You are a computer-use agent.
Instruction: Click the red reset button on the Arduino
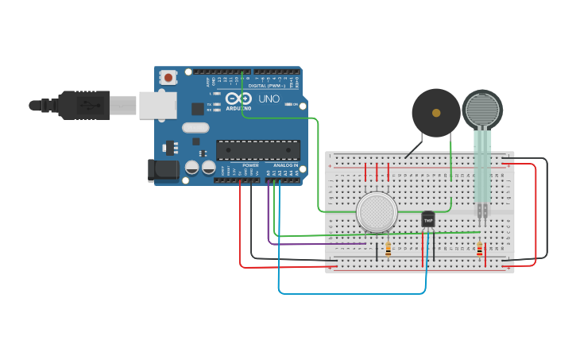(x=168, y=78)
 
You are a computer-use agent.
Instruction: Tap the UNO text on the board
(x=269, y=99)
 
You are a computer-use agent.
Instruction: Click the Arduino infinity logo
(x=238, y=99)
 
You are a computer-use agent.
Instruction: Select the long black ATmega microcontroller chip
(x=257, y=149)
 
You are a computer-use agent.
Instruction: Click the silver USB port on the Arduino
(x=157, y=105)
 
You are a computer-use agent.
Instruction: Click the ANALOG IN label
(x=285, y=165)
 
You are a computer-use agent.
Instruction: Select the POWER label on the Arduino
(x=250, y=165)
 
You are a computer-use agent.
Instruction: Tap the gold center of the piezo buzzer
(x=435, y=113)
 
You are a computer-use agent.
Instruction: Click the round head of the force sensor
(x=481, y=110)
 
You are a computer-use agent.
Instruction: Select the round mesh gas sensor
(x=377, y=212)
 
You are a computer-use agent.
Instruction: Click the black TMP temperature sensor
(x=428, y=219)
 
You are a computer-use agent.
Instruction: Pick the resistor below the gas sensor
(x=388, y=250)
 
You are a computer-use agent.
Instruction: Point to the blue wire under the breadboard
(x=350, y=293)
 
